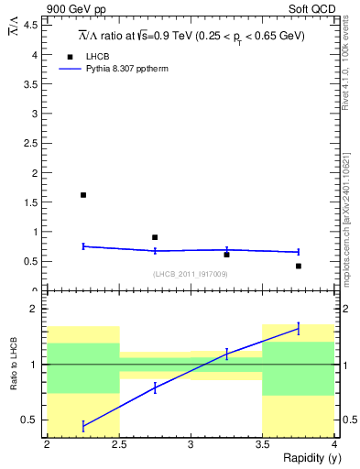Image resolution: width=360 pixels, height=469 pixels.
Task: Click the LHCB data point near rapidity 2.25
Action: (x=83, y=195)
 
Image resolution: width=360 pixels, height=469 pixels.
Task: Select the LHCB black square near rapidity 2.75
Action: (x=155, y=237)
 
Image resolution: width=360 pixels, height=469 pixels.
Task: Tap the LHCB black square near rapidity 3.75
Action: (x=299, y=266)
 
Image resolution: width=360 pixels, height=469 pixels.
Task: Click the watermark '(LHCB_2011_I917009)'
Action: (x=191, y=274)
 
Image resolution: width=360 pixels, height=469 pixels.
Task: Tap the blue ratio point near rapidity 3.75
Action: (x=299, y=328)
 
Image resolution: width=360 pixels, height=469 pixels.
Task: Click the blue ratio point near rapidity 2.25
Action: (x=83, y=426)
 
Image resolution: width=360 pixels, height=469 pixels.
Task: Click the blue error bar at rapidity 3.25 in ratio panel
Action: (x=227, y=354)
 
